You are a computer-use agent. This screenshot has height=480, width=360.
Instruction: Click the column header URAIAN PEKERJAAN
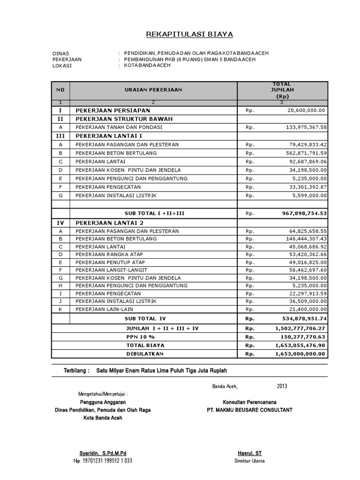(x=153, y=89)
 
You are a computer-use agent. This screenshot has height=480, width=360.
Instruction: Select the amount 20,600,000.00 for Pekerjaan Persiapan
(x=307, y=110)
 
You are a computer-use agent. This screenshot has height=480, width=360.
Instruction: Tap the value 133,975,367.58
(x=306, y=127)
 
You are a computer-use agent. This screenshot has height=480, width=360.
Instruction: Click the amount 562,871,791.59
(x=306, y=153)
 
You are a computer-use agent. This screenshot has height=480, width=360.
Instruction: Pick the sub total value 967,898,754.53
(x=304, y=213)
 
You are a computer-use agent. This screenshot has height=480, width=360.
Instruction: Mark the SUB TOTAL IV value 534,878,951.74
(x=304, y=319)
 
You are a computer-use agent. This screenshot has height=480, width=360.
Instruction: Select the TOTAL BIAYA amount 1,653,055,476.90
(x=300, y=345)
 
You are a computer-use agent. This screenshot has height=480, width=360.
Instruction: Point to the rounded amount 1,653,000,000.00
(x=300, y=353)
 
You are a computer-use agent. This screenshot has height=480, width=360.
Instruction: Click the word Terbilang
(x=76, y=370)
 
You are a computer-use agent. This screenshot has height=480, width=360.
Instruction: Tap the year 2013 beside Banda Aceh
(x=282, y=386)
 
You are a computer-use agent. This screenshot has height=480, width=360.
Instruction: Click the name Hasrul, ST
(x=249, y=453)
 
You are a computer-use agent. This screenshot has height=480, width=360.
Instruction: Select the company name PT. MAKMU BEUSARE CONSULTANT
(x=249, y=410)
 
